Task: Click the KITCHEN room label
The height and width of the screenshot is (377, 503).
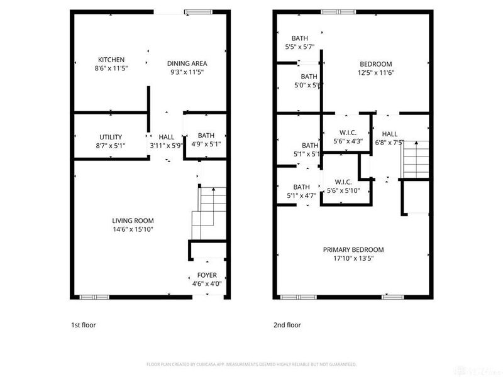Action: point(111,60)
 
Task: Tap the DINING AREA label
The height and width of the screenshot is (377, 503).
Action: point(187,63)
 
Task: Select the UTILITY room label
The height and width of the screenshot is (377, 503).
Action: point(111,137)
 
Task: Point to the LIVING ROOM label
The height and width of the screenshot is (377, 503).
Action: point(133,221)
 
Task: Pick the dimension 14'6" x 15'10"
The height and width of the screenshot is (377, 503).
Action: point(133,229)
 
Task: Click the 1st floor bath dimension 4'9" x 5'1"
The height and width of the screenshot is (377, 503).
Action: point(206,145)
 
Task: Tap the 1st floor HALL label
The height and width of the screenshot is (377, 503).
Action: point(167,137)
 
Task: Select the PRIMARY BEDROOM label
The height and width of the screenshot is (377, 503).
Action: point(353,249)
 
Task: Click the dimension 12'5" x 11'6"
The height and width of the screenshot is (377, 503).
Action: point(375,72)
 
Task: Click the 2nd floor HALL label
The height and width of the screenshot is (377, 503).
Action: point(390,133)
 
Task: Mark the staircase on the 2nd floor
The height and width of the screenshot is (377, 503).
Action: point(415,158)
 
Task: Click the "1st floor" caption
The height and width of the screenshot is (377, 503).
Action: point(83,325)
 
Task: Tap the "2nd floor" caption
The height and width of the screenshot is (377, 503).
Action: point(287,325)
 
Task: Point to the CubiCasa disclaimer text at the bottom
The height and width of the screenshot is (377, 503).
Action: point(251,364)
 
